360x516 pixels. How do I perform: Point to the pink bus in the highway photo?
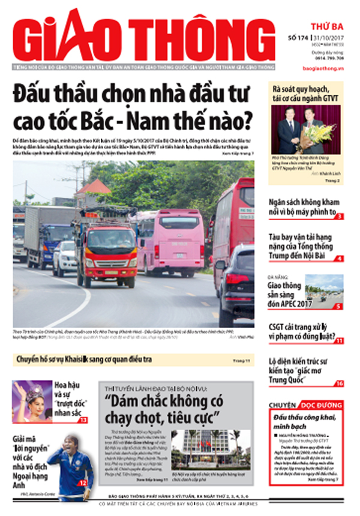174,240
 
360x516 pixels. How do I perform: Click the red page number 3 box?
339,216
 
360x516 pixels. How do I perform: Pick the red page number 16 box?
339,383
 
